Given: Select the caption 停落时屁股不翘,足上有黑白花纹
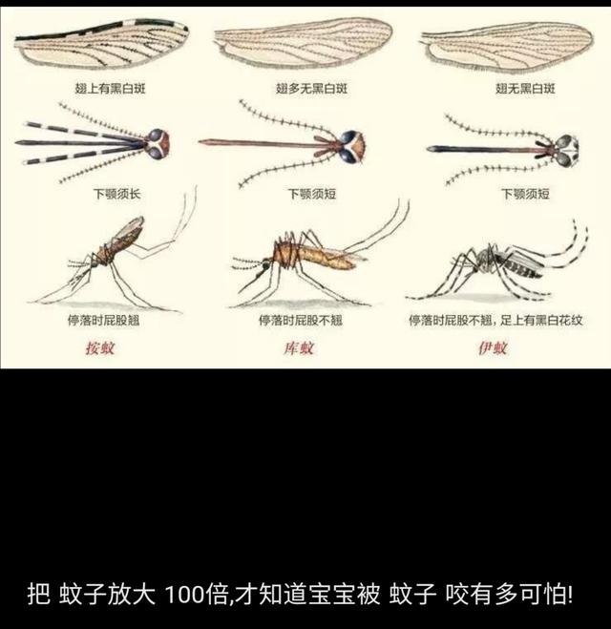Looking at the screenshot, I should tap(495, 320).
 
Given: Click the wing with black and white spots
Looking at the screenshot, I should tap(100, 46).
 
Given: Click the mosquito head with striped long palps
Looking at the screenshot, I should tap(158, 144).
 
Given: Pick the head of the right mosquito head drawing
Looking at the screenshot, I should tap(563, 147).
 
